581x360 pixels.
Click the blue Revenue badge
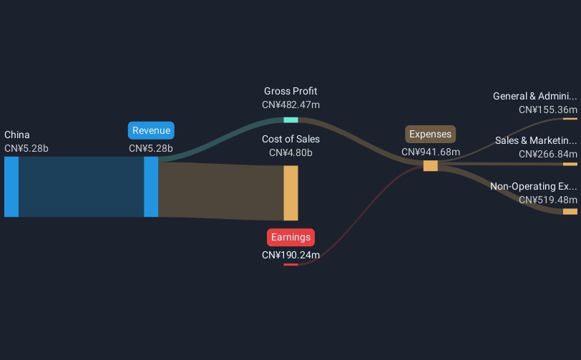(151, 130)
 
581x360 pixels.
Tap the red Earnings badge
(291, 238)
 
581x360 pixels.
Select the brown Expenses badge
(430, 135)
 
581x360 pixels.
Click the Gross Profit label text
(290, 91)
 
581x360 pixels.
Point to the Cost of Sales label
(291, 139)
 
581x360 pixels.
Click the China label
(17, 135)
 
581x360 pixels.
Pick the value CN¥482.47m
(291, 105)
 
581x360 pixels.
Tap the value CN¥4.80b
(291, 152)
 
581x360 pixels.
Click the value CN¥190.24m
(291, 255)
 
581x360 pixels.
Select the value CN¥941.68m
(431, 152)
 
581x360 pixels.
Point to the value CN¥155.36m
(548, 110)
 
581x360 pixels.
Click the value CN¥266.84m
(548, 154)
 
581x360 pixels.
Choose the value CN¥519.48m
(548, 200)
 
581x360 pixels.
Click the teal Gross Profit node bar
(291, 120)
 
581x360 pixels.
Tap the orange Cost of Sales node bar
(291, 193)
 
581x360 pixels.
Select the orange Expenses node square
(431, 166)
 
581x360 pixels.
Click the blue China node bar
(11, 187)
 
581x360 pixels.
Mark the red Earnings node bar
(291, 264)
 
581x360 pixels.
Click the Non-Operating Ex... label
(534, 187)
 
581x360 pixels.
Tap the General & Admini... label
(535, 97)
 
